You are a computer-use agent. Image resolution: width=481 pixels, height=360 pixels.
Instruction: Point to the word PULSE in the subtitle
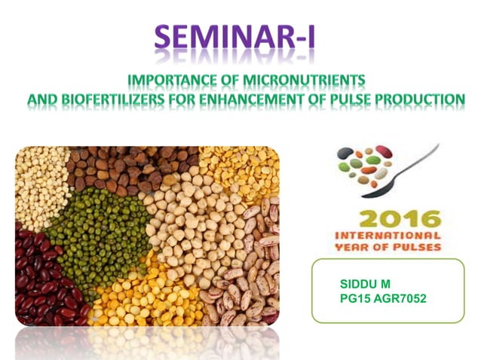coord(355,99)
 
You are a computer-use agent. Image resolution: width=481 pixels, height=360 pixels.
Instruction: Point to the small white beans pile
coord(41,185)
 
